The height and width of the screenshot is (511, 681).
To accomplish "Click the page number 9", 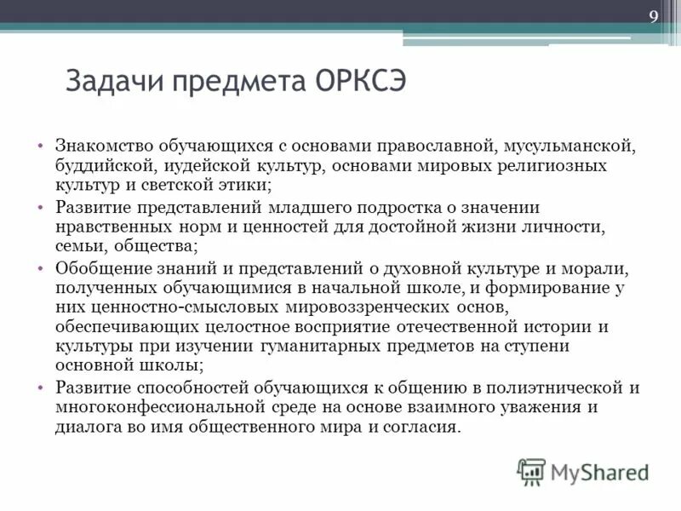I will [x=654, y=18].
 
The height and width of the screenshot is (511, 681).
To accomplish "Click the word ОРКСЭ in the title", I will [x=364, y=83].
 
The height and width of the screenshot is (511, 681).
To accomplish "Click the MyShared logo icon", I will [x=530, y=471].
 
